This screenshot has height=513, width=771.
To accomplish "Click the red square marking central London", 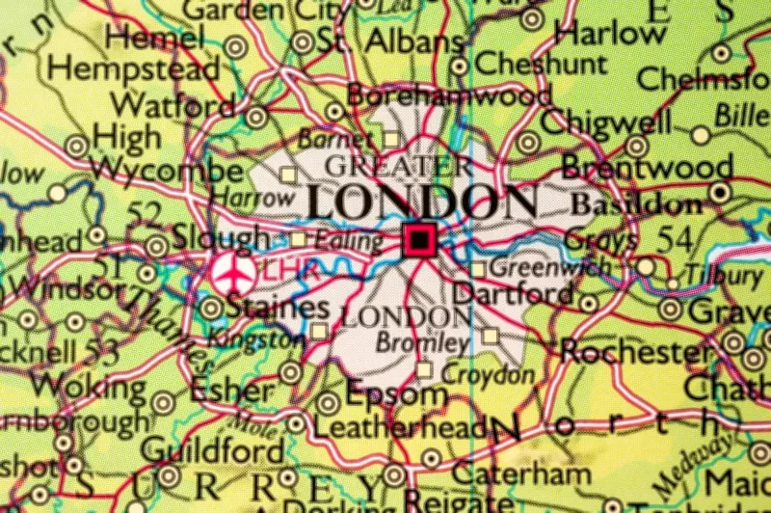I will click(x=418, y=240).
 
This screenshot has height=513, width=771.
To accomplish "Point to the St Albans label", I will click(x=388, y=43).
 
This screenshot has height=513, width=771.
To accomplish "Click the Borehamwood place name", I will click(x=449, y=95).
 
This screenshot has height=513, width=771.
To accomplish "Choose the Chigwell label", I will click(x=592, y=122).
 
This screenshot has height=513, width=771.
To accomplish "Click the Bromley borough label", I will click(x=421, y=341).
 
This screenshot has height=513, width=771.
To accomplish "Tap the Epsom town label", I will click(x=396, y=393).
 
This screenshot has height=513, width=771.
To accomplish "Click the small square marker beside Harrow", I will click(x=287, y=175).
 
